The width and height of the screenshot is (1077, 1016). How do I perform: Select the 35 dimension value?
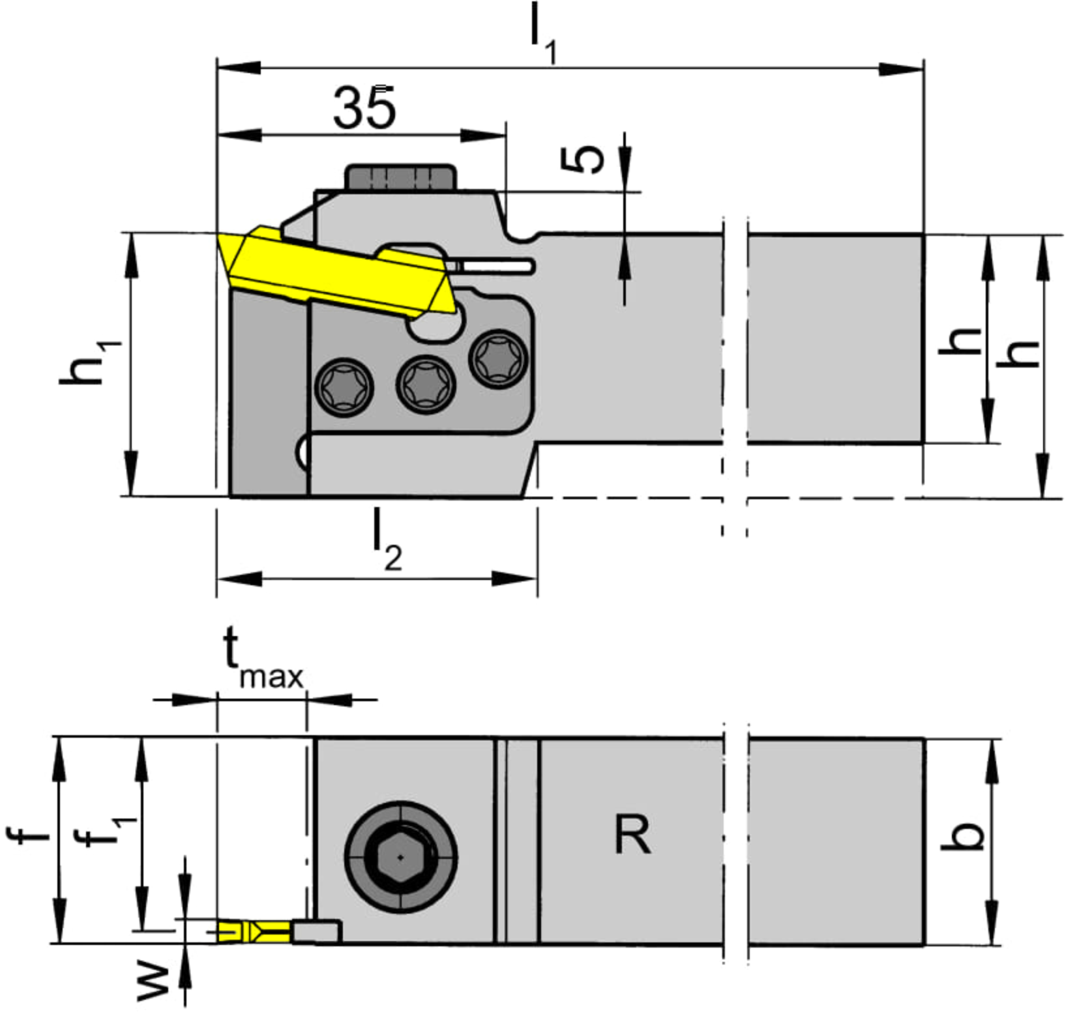pyautogui.click(x=364, y=108)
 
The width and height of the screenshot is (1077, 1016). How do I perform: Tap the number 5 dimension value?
pyautogui.click(x=582, y=160)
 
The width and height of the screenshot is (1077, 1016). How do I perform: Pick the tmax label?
pyautogui.click(x=263, y=659)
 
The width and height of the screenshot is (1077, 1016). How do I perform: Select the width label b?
pyautogui.click(x=962, y=836)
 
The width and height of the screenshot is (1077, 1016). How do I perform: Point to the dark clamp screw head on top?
pyautogui.click(x=400, y=177)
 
